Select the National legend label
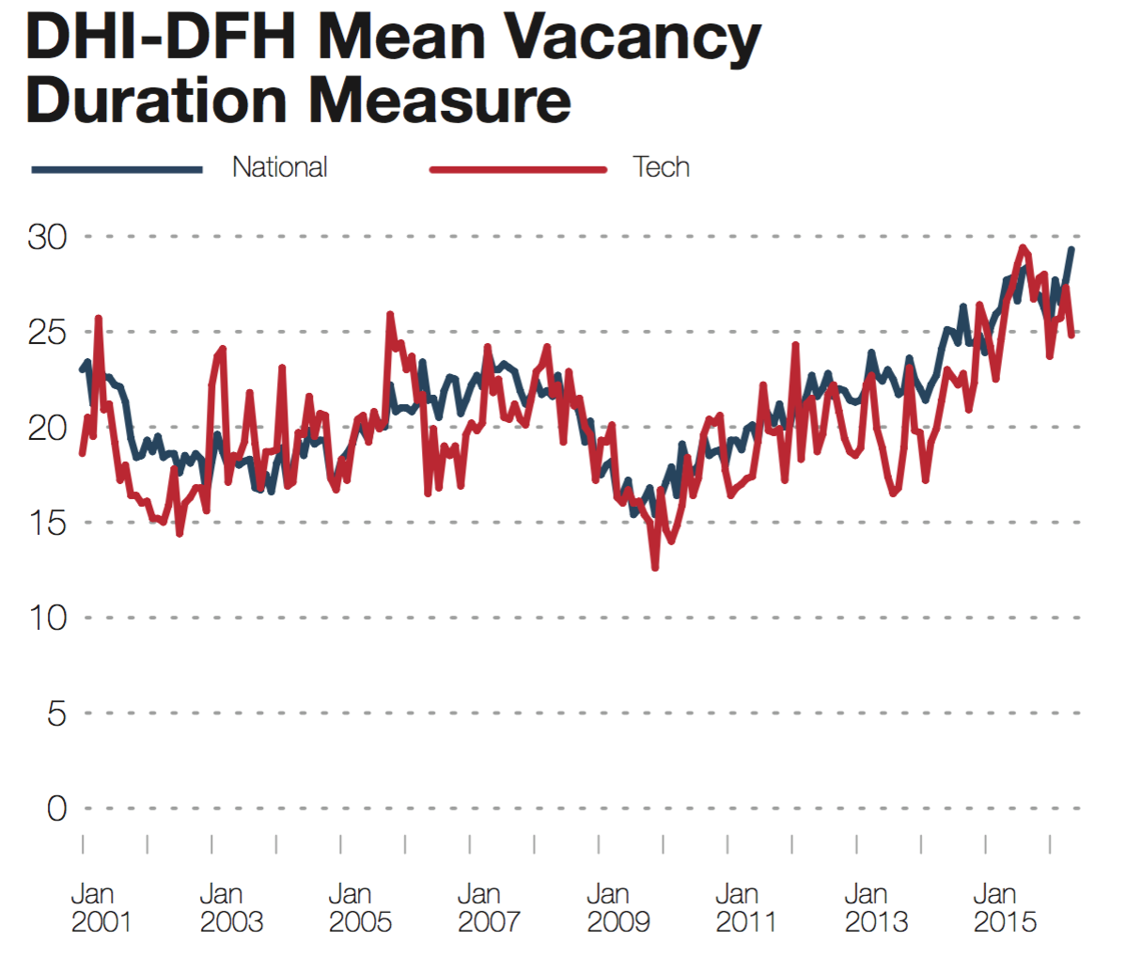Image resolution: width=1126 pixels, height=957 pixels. [x=280, y=167]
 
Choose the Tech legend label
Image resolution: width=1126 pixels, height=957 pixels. [x=662, y=167]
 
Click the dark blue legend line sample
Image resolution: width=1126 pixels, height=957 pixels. [x=117, y=169]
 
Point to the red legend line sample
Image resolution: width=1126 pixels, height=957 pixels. [x=518, y=169]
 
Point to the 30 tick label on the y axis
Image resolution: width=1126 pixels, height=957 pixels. [x=48, y=237]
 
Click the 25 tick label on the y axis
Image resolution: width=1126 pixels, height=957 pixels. [x=48, y=332]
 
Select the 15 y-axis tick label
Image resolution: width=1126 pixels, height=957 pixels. [x=48, y=522]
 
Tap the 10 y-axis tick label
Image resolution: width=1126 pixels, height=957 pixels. [x=48, y=618]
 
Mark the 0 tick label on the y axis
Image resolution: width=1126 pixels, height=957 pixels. [x=57, y=808]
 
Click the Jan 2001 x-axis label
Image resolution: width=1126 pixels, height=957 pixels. [x=101, y=907]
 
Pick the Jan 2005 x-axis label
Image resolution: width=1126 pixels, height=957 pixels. [x=359, y=907]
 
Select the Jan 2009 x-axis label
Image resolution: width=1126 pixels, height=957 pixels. [x=618, y=907]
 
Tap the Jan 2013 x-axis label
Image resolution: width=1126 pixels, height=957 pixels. [x=875, y=907]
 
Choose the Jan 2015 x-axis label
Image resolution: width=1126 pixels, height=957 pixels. [x=1004, y=907]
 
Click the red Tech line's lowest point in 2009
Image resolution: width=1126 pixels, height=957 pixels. [x=655, y=567]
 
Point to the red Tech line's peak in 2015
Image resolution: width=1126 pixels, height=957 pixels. [x=1023, y=248]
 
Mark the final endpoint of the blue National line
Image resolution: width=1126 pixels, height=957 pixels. [x=1071, y=250]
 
